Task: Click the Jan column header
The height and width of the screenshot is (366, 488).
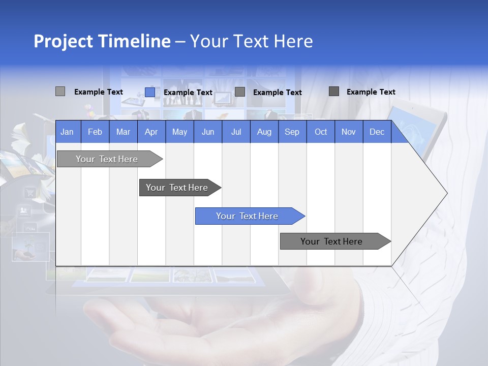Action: click(67, 132)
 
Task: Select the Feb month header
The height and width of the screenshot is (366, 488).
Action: click(95, 132)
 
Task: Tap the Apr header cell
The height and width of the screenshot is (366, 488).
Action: click(151, 132)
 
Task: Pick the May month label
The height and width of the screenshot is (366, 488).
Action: click(179, 132)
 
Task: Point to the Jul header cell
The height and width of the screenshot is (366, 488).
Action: click(236, 132)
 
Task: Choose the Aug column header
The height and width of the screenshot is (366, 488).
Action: click(264, 132)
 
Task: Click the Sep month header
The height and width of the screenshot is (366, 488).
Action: click(292, 132)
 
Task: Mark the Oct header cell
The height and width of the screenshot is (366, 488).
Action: click(321, 132)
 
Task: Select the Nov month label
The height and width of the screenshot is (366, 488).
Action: click(348, 132)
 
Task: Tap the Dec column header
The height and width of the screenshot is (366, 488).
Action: click(377, 132)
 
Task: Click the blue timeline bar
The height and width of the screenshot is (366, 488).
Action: click(247, 216)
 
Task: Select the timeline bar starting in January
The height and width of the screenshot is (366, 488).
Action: click(107, 159)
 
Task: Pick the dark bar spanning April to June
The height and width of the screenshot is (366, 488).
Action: click(177, 188)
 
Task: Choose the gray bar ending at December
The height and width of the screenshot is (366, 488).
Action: click(331, 241)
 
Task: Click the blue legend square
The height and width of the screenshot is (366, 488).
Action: click(149, 92)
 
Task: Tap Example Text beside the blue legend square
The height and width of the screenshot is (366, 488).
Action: click(188, 93)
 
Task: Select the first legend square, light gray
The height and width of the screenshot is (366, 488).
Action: click(60, 91)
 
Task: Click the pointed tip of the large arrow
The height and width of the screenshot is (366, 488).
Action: click(446, 193)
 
